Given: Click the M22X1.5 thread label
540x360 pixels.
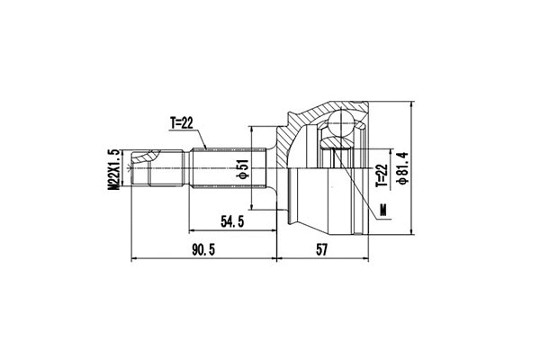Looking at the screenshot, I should coord(113,169).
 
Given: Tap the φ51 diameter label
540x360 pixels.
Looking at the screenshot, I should coord(244,169).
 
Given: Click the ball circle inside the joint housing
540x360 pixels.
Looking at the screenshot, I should coord(342,126).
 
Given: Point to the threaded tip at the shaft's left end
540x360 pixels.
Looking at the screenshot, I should coord(137,168).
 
